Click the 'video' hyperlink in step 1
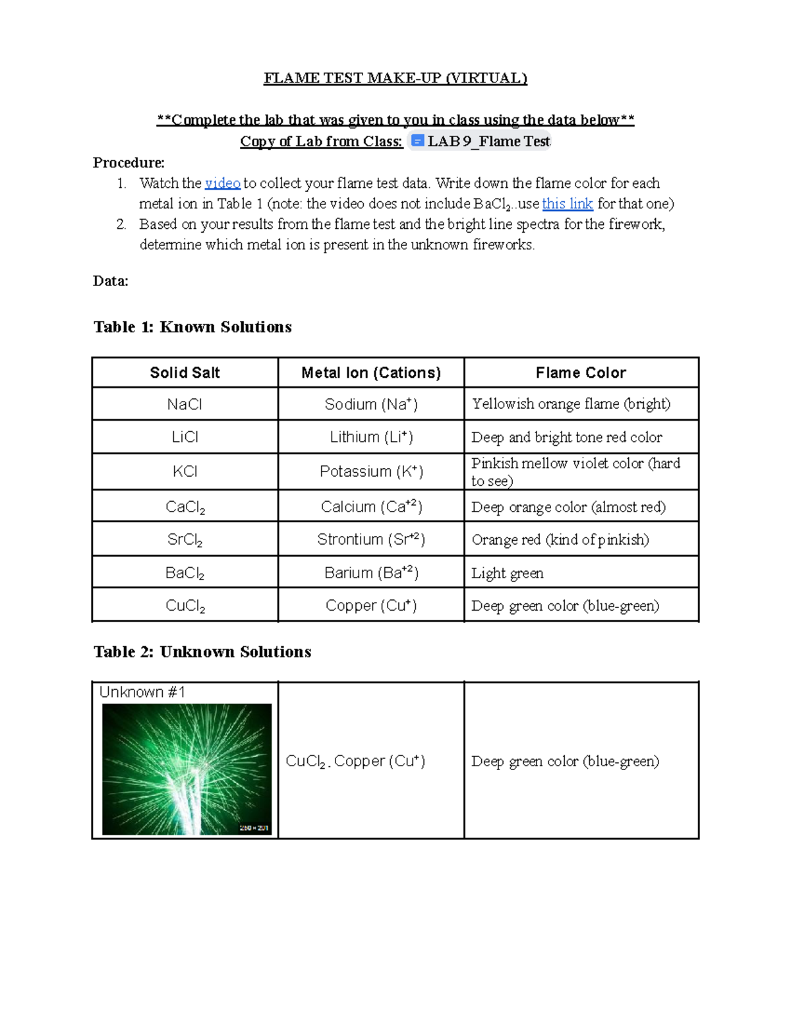pos(222,183)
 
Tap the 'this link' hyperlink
pos(567,204)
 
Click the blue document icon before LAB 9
pos(417,140)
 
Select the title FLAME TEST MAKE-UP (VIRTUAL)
pos(395,78)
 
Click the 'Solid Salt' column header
pos(185,373)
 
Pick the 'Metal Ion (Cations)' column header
pos(371,373)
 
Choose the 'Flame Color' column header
pos(581,373)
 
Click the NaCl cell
pos(185,404)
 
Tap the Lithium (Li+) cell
pos(371,437)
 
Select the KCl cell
pos(185,471)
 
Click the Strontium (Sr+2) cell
pos(371,539)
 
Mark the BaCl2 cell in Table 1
pos(185,573)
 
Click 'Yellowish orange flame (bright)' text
pos(571,404)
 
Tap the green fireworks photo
pos(187,769)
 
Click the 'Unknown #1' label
pos(142,692)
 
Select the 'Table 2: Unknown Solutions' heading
pos(202,651)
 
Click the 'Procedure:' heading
pos(129,163)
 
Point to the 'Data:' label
pos(111,281)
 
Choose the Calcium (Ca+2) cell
pos(371,506)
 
